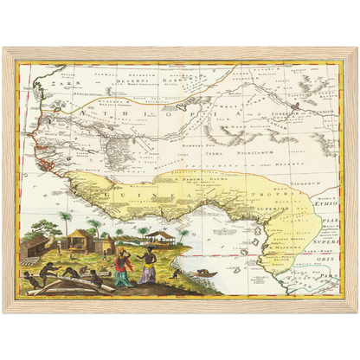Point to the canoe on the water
(x=204, y=274)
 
